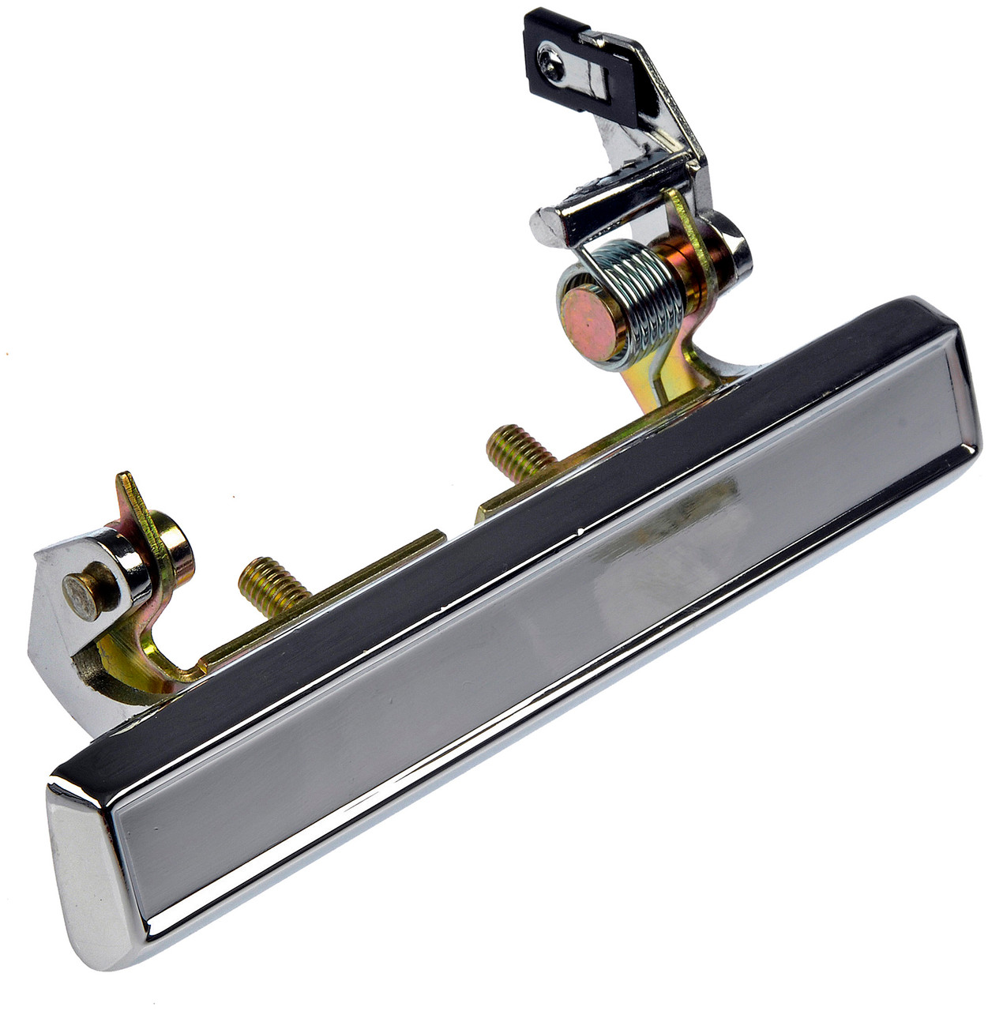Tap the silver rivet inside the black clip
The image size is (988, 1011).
click(x=550, y=59)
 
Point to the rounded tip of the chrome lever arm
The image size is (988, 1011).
click(x=545, y=226)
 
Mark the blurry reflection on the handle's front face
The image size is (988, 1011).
click(x=679, y=521)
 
